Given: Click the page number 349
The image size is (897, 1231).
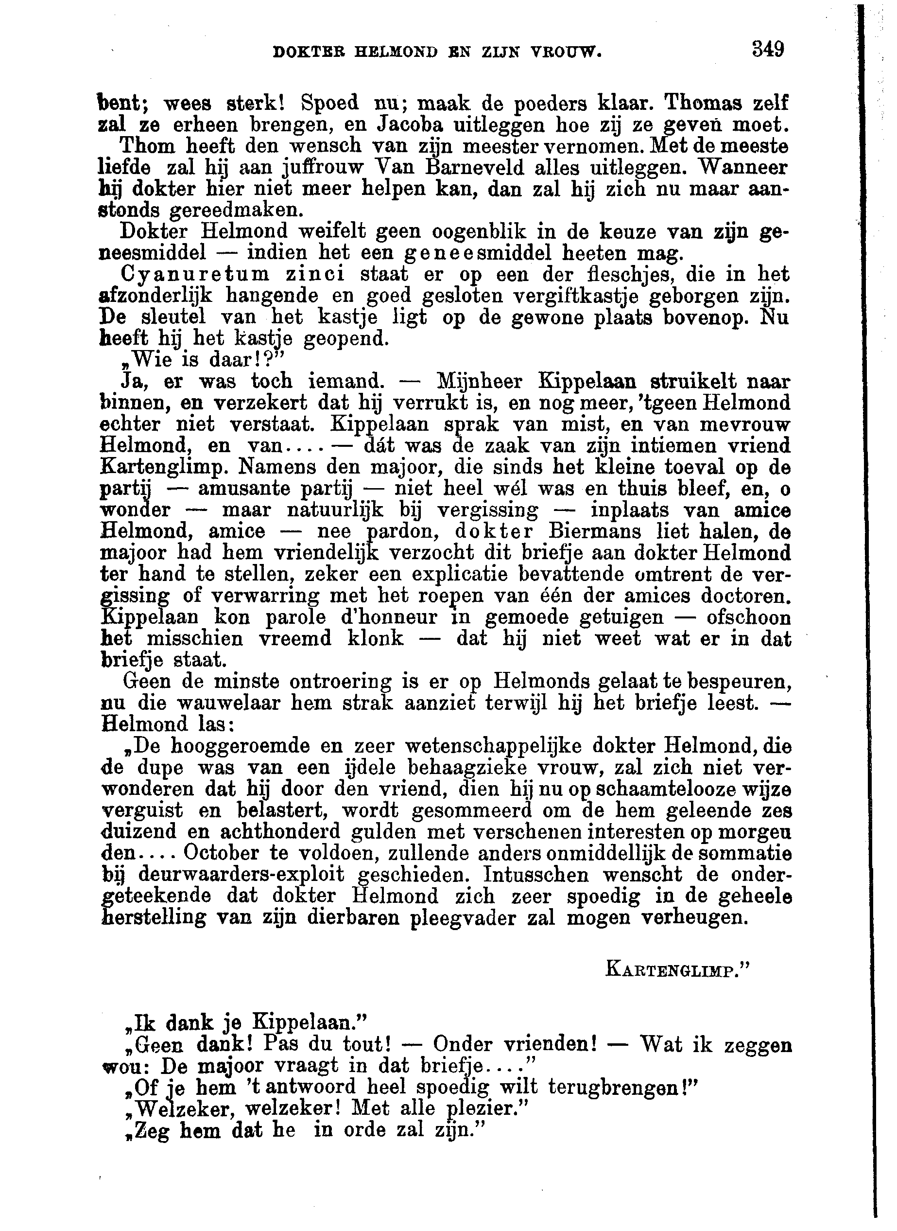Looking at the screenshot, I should coord(768,50).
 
